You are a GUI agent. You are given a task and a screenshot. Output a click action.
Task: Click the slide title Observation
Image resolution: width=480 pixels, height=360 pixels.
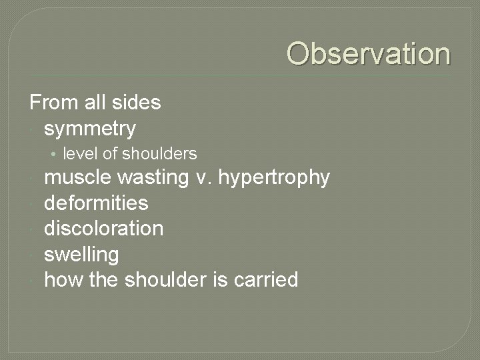(x=369, y=54)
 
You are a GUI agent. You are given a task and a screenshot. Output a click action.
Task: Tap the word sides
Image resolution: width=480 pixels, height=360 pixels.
(x=137, y=103)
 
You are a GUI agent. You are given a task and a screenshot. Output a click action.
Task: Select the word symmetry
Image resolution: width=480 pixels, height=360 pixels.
(x=90, y=128)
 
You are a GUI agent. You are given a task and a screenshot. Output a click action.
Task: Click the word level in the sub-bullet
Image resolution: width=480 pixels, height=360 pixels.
(x=77, y=154)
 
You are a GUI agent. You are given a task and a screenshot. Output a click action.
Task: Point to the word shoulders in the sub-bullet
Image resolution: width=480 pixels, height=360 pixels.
(x=161, y=154)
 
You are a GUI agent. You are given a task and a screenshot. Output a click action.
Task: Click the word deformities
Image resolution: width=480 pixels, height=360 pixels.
(x=96, y=203)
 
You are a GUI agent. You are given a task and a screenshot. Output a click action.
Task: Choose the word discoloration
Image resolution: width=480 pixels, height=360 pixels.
(x=103, y=229)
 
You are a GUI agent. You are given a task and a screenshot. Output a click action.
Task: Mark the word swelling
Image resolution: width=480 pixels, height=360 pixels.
(x=81, y=255)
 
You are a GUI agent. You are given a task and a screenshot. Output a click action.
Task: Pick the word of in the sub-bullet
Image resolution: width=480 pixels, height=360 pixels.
(x=110, y=154)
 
